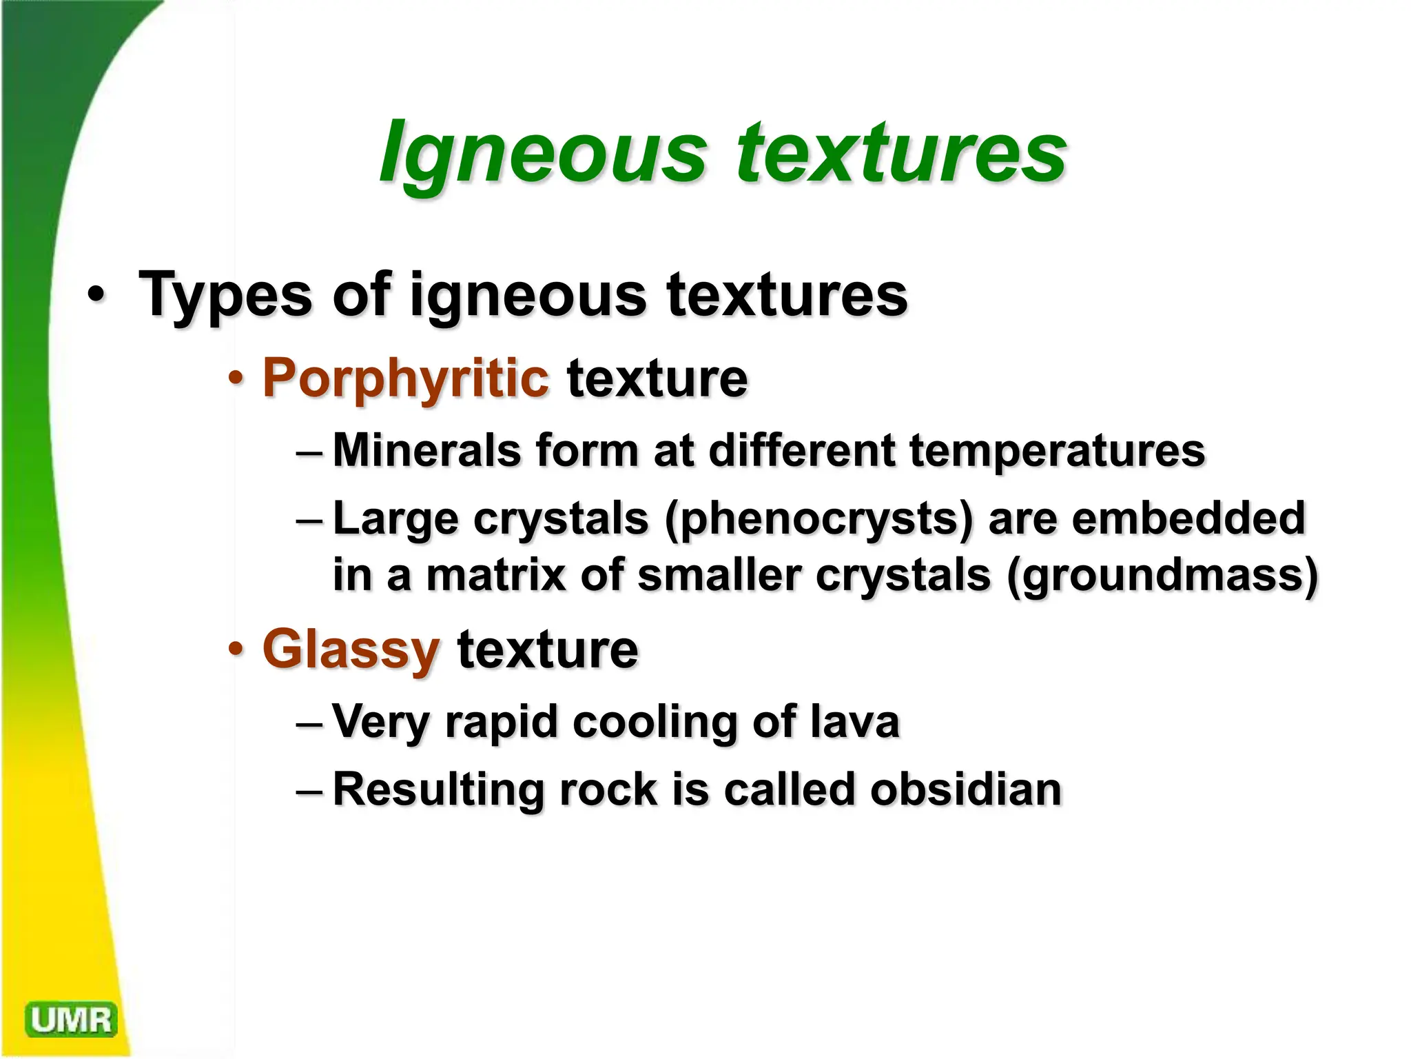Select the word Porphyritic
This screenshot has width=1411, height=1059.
click(406, 379)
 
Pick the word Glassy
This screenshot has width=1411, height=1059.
click(351, 649)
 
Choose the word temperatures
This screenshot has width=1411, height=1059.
click(1057, 450)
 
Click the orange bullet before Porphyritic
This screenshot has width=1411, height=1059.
click(236, 379)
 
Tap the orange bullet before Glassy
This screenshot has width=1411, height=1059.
click(236, 649)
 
